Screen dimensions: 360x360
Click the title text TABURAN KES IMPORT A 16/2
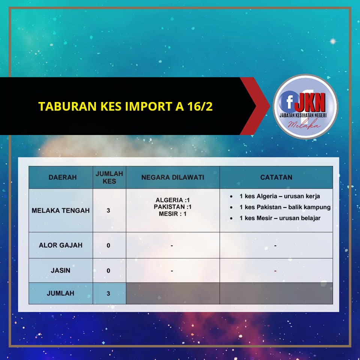click(125, 106)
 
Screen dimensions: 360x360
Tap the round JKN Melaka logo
click(305, 106)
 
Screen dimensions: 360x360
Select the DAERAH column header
click(63, 177)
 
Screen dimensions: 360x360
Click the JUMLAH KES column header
click(109, 177)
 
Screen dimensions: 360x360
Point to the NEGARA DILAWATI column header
click(172, 177)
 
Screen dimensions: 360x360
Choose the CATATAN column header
click(276, 177)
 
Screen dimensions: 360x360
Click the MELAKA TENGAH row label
click(61, 210)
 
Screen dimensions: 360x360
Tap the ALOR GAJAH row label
click(61, 245)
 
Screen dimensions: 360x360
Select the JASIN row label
click(61, 270)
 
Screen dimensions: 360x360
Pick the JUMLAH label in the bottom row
click(61, 293)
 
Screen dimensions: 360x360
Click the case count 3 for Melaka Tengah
click(108, 210)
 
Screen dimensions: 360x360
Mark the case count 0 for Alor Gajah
click(108, 245)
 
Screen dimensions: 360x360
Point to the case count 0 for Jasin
click(108, 271)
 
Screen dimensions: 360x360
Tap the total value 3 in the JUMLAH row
click(108, 293)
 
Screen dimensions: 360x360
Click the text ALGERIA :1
click(172, 200)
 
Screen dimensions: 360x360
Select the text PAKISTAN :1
click(172, 207)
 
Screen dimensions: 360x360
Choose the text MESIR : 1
click(172, 214)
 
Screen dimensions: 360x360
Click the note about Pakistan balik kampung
click(285, 207)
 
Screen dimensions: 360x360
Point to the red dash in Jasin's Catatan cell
click(275, 271)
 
